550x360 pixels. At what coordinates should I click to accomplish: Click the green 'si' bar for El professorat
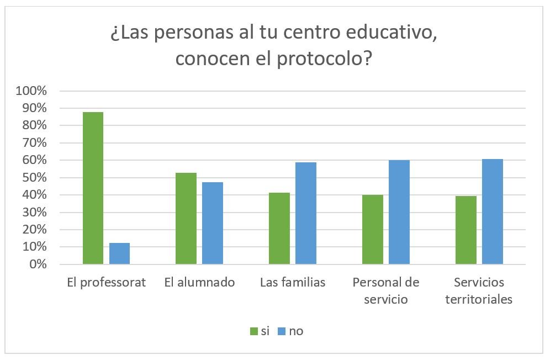pos(93,188)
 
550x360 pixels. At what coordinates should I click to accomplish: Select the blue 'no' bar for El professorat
pos(119,253)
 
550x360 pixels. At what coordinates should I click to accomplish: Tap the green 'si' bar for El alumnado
pos(186,219)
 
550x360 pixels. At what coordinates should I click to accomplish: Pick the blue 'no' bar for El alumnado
pos(213,223)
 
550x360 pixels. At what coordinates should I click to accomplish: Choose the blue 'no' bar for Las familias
pos(306,213)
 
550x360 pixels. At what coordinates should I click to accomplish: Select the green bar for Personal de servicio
pos(373,230)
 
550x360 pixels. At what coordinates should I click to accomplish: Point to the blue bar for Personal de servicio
pos(399,212)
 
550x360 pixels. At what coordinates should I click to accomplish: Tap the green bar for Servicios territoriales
pos(466,230)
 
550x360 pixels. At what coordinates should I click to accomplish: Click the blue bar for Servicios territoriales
pos(493,211)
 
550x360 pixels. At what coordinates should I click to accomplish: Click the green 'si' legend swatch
pos(254,331)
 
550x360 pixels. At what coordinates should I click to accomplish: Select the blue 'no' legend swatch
pos(281,331)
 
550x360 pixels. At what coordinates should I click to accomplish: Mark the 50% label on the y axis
pos(35,178)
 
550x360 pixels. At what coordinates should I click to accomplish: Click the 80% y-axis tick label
pos(35,126)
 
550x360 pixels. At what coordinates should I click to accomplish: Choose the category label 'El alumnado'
pos(199,283)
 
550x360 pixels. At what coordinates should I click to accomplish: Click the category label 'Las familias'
pos(293,283)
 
